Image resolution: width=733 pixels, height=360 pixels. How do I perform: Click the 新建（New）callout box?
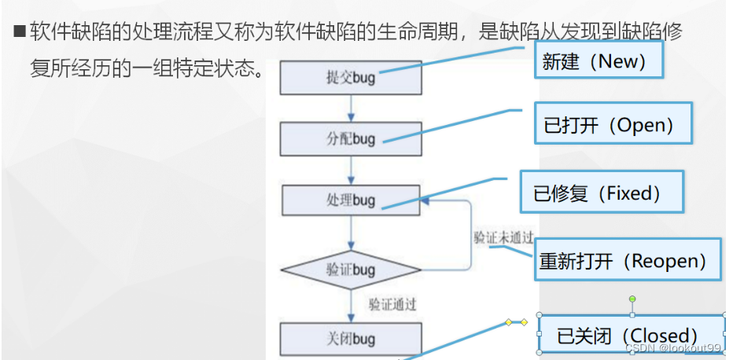point(600,61)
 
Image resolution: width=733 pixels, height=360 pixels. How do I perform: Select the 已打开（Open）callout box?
point(613,123)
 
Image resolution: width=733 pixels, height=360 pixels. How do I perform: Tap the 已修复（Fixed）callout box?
point(602,191)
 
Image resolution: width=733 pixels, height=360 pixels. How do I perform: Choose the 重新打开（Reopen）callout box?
point(629,260)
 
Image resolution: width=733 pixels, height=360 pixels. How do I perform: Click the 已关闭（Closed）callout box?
point(630,335)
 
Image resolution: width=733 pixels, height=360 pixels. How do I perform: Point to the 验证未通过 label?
point(503,237)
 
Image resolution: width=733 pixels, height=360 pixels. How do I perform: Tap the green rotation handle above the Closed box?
point(632,299)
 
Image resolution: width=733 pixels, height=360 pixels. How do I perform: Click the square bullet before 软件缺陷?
point(20,33)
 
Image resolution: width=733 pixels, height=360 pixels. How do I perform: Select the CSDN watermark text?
point(672,347)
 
